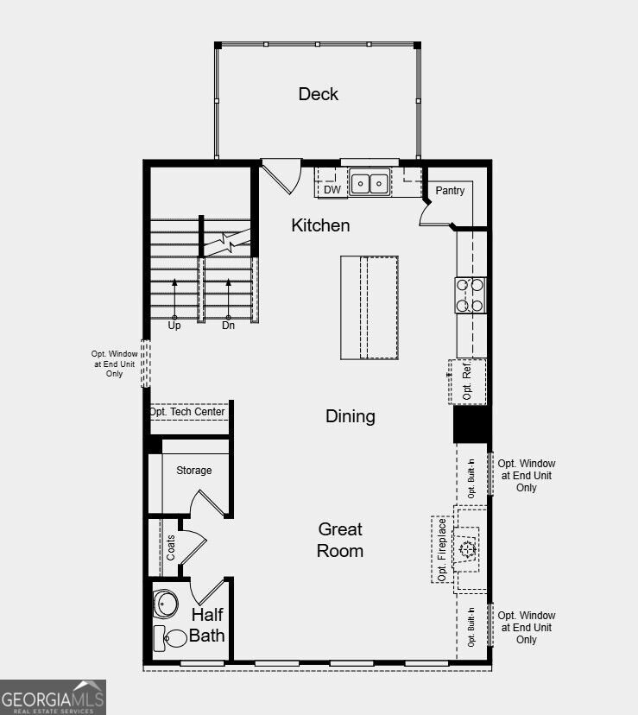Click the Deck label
point(319,94)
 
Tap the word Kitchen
point(320,225)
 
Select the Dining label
point(351,417)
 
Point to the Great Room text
point(340,540)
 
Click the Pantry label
point(450,191)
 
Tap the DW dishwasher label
point(332,190)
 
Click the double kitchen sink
point(370,183)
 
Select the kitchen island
point(370,307)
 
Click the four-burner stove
point(471,295)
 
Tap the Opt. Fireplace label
point(441,550)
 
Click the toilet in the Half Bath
point(170,638)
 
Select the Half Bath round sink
point(165,604)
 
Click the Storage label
point(193,470)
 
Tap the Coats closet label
point(171,547)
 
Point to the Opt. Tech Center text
point(187,412)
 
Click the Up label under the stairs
point(174,326)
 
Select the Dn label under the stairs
point(228,326)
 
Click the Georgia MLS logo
point(53,697)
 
